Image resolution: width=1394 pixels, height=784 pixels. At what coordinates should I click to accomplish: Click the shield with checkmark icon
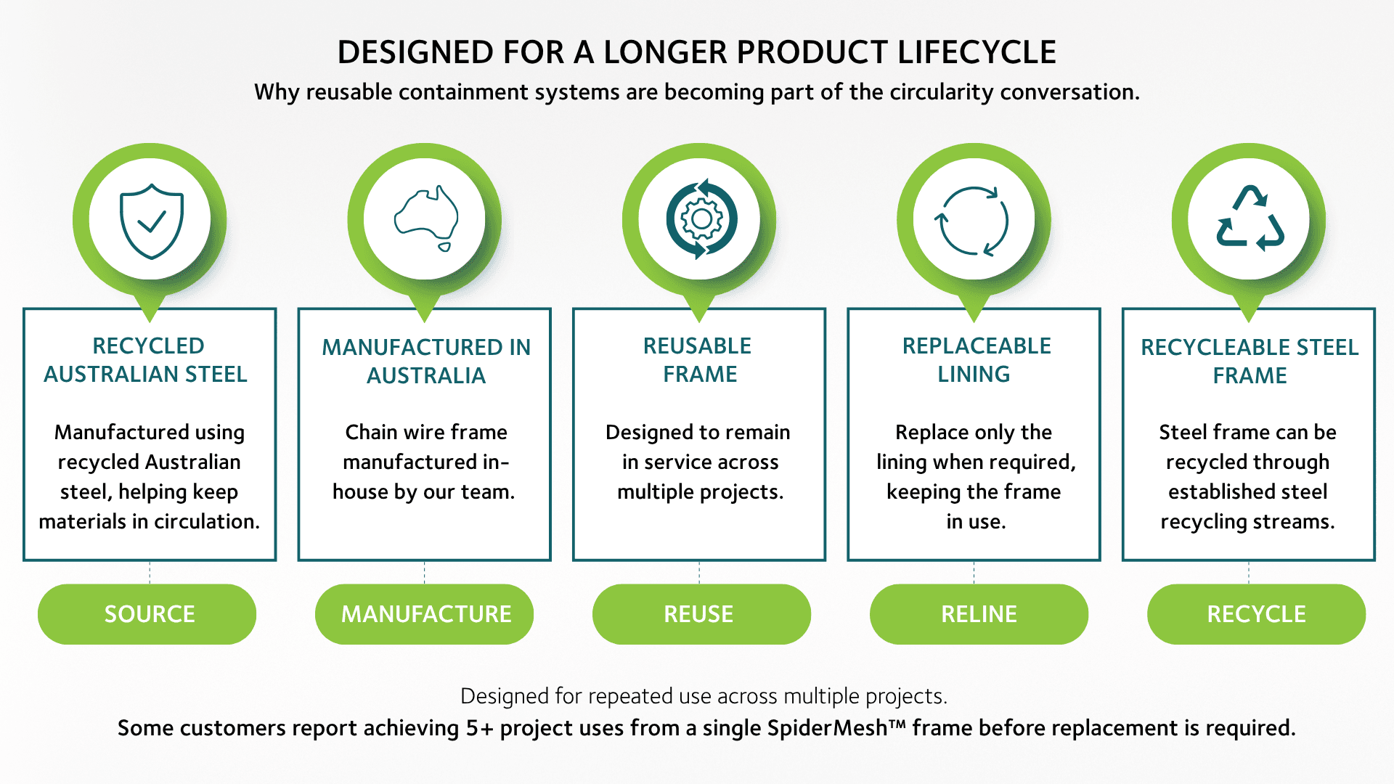tap(151, 221)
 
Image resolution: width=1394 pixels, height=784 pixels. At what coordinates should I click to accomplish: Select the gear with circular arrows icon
tap(701, 219)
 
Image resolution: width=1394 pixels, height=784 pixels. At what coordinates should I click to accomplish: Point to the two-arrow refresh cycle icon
tap(974, 221)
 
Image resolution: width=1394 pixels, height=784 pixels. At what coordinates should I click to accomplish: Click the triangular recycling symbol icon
tap(1250, 219)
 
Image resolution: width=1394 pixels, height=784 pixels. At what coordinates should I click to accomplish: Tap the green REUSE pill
tap(701, 614)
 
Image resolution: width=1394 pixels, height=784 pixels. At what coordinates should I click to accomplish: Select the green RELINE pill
tap(979, 614)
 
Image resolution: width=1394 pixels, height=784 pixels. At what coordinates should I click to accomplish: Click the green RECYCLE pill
tap(1256, 614)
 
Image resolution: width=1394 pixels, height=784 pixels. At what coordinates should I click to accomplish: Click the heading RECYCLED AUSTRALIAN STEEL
tap(147, 360)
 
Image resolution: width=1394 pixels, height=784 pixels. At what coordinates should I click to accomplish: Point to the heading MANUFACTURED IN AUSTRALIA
tap(426, 362)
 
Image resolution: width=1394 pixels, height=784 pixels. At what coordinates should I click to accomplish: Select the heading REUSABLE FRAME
tap(698, 360)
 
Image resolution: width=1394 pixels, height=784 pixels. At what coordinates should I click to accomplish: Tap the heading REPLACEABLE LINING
tap(976, 360)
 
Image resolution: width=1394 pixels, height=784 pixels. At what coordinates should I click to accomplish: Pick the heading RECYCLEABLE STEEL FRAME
tap(1250, 362)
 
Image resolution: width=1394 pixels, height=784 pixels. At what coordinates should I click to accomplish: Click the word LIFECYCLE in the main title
tap(977, 52)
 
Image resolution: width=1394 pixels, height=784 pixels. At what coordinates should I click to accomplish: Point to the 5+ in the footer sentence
tap(479, 728)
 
